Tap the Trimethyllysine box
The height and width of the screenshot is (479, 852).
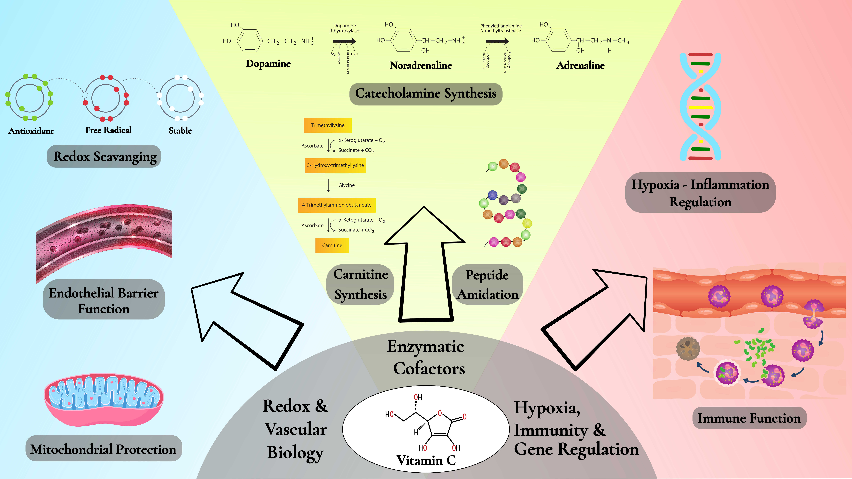327,125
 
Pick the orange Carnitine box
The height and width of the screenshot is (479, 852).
332,245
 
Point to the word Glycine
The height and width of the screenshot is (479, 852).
346,185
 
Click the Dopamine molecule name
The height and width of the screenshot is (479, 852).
268,63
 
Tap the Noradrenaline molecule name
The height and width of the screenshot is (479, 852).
420,65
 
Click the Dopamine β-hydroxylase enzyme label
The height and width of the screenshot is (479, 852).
344,28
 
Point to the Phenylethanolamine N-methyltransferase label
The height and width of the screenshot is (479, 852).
501,28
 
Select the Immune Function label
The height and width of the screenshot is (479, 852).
749,418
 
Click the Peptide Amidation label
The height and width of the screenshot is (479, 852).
487,284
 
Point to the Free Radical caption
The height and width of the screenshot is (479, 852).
108,130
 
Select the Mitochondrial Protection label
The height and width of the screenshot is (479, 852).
104,449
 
